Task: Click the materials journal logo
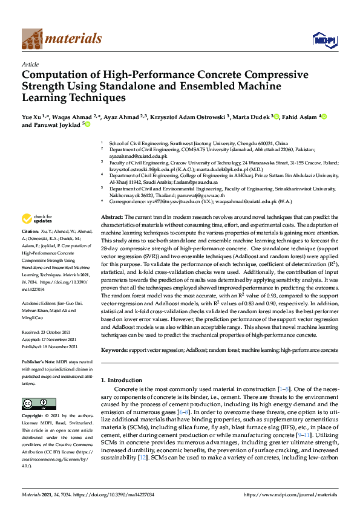[x=61, y=39]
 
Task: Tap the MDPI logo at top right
[x=324, y=40]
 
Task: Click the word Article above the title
[x=30, y=63]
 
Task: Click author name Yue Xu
[x=32, y=116]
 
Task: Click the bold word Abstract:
[x=112, y=216]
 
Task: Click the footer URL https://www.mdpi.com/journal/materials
[x=290, y=495]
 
